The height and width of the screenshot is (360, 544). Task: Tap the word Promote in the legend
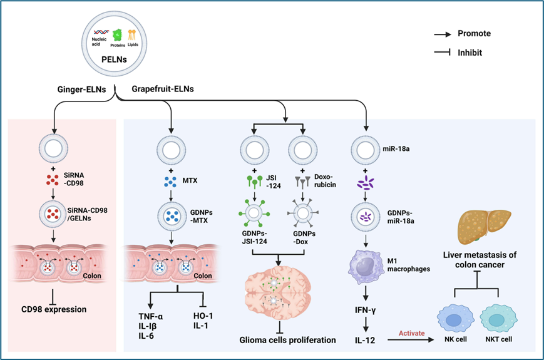pos(474,33)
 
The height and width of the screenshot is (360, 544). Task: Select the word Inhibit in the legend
pos(470,54)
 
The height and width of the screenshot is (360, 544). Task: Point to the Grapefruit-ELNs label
pos(163,89)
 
